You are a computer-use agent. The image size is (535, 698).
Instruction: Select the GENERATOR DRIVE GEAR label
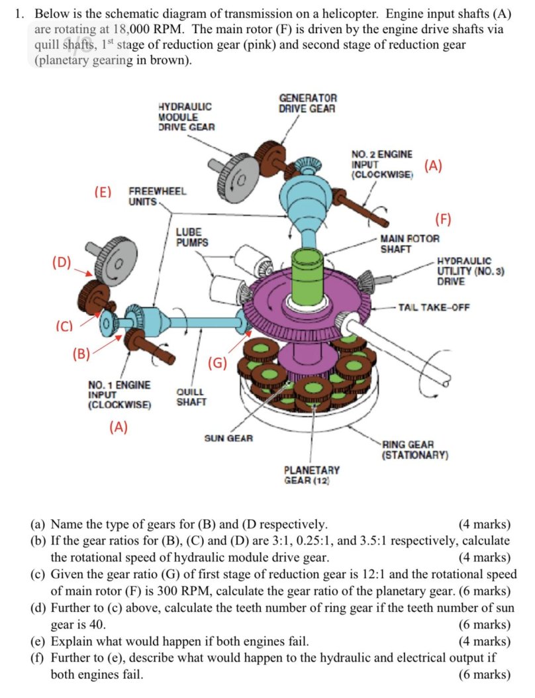click(307, 103)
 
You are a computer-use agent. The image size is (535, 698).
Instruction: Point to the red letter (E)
click(103, 192)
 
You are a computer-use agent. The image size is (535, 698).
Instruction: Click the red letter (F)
click(442, 219)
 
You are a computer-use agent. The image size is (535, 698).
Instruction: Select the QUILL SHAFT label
click(191, 397)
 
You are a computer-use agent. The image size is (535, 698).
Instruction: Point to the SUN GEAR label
click(228, 438)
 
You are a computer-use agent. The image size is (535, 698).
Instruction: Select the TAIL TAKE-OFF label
click(433, 307)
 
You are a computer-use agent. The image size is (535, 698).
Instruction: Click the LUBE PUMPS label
click(192, 237)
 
